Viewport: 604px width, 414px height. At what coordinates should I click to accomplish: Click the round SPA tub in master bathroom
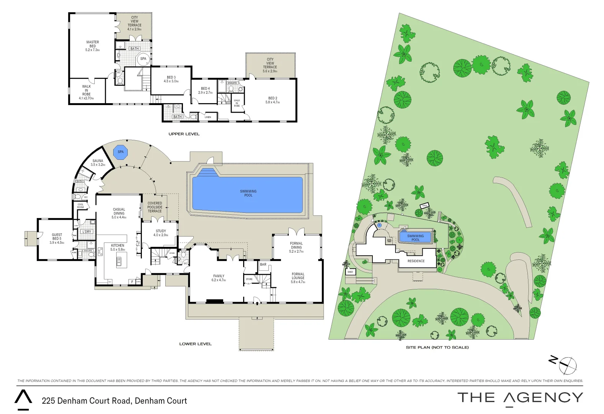point(143,59)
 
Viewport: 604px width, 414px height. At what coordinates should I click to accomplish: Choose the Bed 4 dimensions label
point(205,93)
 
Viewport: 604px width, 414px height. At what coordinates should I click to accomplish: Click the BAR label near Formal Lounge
point(263,264)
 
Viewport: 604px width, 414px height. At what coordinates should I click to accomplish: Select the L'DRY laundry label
point(87,232)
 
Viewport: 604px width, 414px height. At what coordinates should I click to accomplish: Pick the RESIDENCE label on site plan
point(416,261)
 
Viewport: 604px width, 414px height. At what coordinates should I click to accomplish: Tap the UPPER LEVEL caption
point(184,134)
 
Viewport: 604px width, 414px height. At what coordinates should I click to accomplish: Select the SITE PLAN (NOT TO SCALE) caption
point(437,347)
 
